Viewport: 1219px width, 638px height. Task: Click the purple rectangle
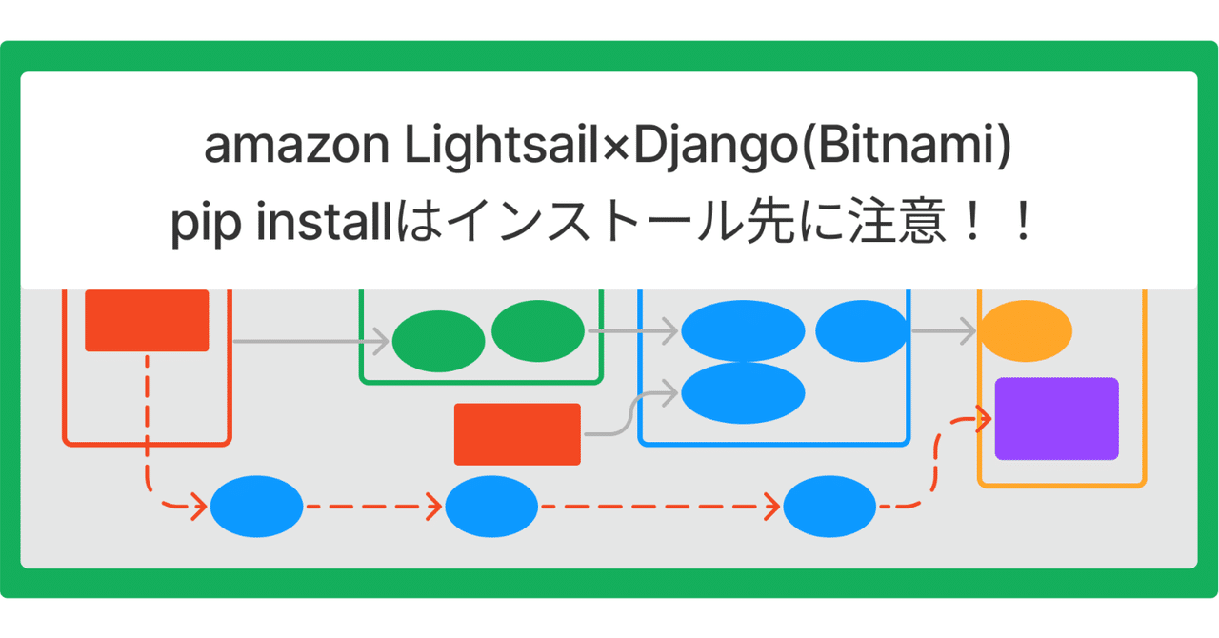point(1056,419)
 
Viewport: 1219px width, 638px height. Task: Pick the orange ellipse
point(1026,331)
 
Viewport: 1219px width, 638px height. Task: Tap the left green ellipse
point(438,341)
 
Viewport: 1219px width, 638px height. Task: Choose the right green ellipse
point(538,330)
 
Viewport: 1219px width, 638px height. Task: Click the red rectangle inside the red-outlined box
point(147,320)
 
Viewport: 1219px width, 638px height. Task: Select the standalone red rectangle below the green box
point(517,434)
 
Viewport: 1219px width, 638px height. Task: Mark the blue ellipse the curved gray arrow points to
point(743,392)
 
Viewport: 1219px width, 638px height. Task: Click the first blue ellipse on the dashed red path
point(256,507)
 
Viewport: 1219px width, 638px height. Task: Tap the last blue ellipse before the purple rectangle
point(829,507)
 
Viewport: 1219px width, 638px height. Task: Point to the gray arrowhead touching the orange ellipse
point(969,331)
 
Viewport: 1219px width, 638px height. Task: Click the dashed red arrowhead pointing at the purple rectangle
point(986,417)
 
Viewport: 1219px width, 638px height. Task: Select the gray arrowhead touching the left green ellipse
point(382,341)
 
